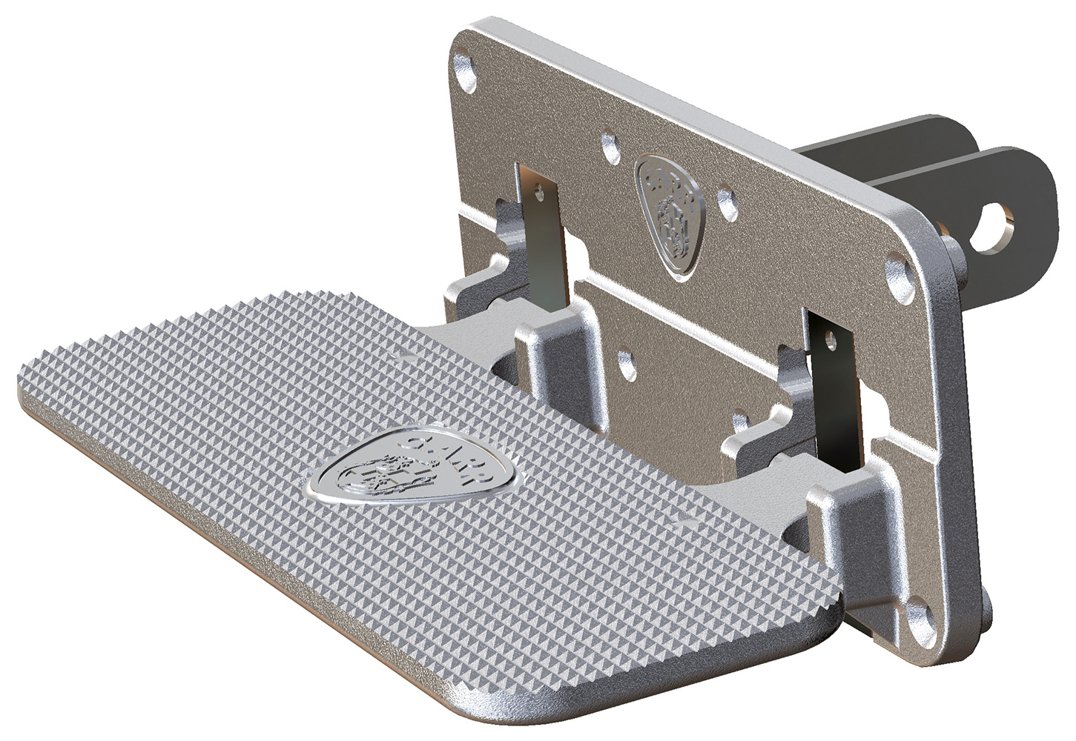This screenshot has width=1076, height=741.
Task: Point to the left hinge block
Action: [x=552, y=348]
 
